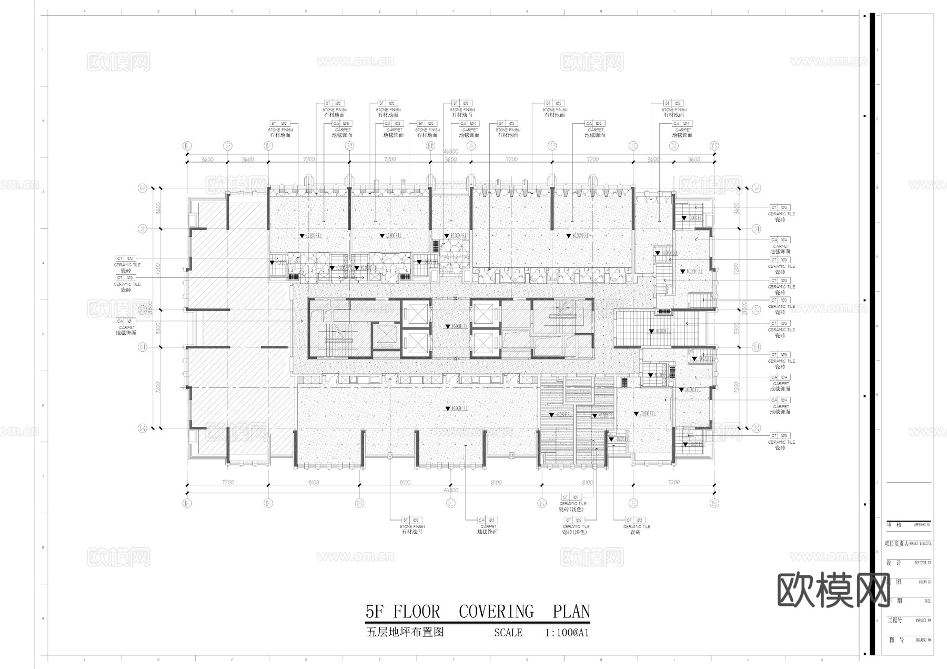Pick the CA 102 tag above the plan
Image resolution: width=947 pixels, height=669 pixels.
coord(594,124)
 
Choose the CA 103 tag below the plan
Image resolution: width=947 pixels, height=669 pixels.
coord(487,520)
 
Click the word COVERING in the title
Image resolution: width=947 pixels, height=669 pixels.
coord(496,612)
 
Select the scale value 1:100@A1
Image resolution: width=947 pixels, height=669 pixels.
coord(567,633)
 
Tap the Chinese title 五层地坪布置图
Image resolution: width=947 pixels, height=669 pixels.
coord(405,632)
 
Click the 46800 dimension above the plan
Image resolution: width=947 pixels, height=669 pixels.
coord(451,152)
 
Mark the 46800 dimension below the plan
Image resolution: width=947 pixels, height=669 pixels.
coord(451,490)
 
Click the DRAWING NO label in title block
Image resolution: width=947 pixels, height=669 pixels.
coord(923,641)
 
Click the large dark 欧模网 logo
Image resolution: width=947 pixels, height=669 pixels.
coord(834,590)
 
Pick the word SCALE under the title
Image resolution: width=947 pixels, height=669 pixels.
coord(508,633)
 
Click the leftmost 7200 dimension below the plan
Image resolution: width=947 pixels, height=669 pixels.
coord(228,482)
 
